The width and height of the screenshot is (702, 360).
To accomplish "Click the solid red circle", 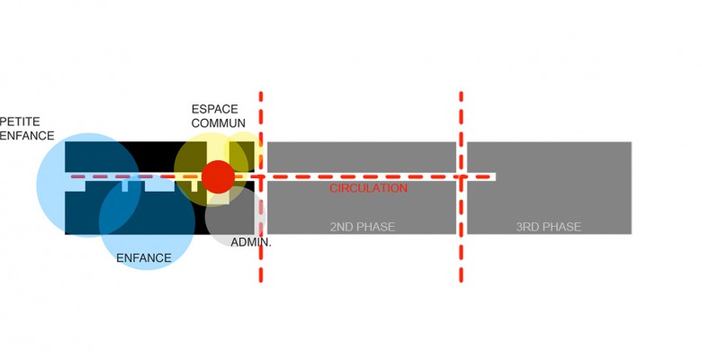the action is tap(218, 177).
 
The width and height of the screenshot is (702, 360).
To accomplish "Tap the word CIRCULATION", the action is tap(368, 188).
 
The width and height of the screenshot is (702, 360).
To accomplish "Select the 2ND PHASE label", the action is tap(363, 227).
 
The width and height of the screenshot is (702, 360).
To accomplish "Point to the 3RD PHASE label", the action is tap(548, 227).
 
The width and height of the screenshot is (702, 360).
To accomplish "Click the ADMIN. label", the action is tap(251, 243).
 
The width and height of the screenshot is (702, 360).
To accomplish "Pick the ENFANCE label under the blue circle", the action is tap(144, 258).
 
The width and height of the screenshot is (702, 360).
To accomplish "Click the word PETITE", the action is tap(20, 121).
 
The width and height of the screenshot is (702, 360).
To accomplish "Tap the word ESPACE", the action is tap(215, 109).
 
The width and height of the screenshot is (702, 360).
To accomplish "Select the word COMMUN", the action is tap(219, 123).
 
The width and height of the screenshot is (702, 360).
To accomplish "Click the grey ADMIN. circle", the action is tap(236, 216).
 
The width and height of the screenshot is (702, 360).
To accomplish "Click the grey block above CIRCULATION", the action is tap(362, 157).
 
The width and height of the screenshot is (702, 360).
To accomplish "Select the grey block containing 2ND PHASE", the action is tap(362, 207).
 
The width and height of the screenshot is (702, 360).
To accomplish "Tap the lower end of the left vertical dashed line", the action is tap(261, 281).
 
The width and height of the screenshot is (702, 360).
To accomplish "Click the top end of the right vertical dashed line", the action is tap(461, 93).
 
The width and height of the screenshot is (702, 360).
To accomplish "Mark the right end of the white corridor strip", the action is tap(495, 177).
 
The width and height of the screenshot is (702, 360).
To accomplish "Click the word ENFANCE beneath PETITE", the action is tap(27, 136).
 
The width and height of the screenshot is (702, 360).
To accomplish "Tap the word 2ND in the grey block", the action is tap(341, 227).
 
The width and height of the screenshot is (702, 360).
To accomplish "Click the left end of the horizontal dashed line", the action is tap(72, 177).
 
